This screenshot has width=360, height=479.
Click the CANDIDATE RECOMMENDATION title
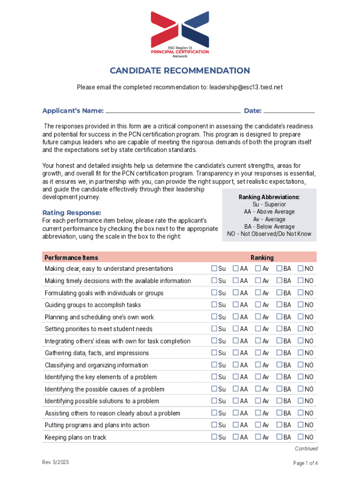click(x=180, y=71)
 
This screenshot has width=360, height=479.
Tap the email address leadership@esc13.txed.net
click(x=246, y=87)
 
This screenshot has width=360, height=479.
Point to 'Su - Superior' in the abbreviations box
click(x=269, y=204)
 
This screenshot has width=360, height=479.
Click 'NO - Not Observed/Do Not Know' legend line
click(x=269, y=234)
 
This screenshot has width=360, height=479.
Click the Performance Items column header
click(x=72, y=258)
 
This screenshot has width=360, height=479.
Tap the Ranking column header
click(x=262, y=258)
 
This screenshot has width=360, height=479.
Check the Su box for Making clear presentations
click(x=214, y=269)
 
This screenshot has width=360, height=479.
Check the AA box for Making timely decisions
click(x=236, y=281)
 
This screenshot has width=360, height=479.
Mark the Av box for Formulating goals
click(x=258, y=293)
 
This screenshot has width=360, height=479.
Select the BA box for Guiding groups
click(x=279, y=305)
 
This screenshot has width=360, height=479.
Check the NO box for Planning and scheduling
click(x=301, y=317)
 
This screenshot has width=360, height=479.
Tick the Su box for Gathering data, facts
click(x=214, y=353)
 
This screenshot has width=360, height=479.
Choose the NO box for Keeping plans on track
click(x=301, y=437)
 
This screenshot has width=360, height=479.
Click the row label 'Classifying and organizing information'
click(x=96, y=365)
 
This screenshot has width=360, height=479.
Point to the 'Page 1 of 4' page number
click(x=305, y=464)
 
